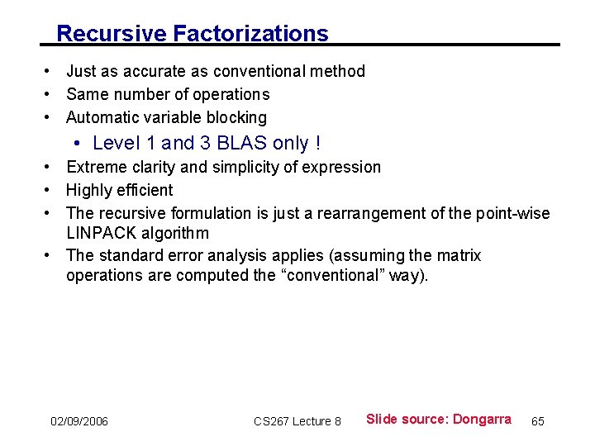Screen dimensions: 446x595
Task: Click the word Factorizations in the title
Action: coord(250,34)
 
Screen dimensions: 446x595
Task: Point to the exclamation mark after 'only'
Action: coord(317,144)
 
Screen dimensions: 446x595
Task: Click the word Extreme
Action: coord(96,168)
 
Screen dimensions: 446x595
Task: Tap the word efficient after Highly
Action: coord(145,190)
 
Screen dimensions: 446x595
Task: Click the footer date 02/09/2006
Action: coord(79,422)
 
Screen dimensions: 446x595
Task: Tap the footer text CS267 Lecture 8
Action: coord(297,422)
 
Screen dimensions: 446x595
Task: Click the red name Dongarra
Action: coord(482,420)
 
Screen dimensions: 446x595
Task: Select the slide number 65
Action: coord(538,422)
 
